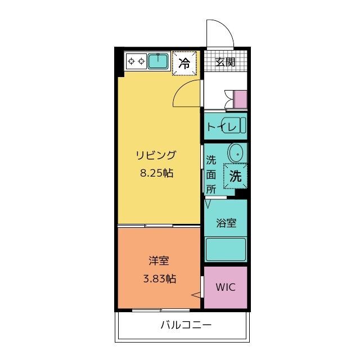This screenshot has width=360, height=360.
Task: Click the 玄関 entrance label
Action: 225,62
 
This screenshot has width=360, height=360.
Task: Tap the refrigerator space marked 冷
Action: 184,63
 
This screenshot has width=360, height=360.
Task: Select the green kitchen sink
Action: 158,61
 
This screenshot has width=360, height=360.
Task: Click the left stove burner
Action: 131,61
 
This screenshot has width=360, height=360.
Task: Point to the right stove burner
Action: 142,61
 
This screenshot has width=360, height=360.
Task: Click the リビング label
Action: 156,155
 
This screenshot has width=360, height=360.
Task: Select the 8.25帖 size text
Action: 156,173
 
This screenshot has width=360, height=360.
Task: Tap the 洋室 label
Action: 159,260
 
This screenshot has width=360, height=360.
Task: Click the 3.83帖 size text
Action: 160,279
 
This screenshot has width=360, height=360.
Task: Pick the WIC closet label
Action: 226,287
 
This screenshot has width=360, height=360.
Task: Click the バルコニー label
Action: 186,325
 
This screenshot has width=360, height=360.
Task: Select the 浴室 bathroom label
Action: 226,223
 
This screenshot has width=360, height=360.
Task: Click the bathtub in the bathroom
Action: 226,250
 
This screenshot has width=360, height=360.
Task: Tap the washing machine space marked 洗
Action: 236,176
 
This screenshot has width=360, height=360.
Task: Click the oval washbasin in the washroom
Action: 235,152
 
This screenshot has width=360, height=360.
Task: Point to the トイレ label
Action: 221,127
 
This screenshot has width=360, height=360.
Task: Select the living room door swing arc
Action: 179,88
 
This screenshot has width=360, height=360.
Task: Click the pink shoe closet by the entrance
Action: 240,99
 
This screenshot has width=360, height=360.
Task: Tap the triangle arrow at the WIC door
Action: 196,295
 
